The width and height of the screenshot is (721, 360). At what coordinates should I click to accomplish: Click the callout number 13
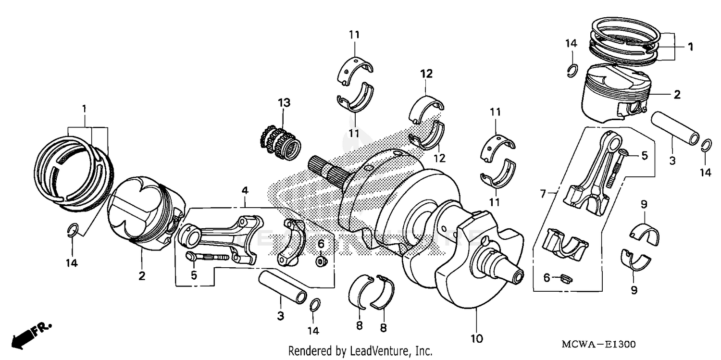[x=284, y=102]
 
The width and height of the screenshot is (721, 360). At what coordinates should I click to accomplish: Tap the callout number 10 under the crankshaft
[x=476, y=339]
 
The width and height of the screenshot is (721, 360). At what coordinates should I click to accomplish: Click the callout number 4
[x=245, y=191]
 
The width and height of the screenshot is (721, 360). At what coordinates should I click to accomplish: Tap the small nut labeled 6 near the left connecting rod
[x=320, y=261]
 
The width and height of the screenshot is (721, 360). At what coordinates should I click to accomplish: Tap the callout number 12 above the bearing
[x=427, y=74]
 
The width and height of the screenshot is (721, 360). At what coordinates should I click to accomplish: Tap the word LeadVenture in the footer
[x=379, y=351]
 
